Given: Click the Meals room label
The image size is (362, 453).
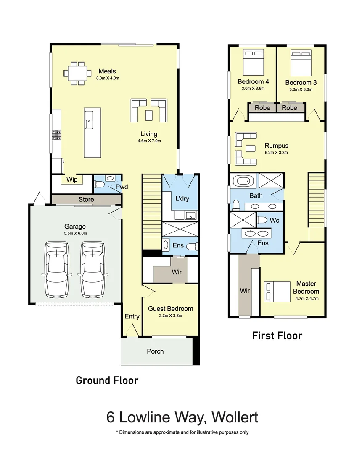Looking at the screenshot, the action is coord(107,71).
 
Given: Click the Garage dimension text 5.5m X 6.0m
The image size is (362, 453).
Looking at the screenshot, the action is coord(75,234).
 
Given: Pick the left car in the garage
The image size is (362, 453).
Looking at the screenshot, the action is coord(57,269).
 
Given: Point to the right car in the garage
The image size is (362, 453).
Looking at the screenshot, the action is coord(92,269).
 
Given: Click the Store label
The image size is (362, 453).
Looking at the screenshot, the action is coord(86,199).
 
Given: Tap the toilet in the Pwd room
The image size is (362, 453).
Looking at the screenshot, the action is coord(99,184).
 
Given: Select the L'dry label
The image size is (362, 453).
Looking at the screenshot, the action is coord(182,198).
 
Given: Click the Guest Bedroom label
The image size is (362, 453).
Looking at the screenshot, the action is coord(171,309).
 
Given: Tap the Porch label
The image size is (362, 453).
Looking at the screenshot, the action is coord(155,351).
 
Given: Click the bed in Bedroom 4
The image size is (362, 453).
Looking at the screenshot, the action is coord(254,62).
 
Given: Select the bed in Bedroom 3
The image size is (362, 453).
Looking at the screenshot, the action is coord(301,63).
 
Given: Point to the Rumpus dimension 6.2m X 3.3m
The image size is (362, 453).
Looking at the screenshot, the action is coord(276,153).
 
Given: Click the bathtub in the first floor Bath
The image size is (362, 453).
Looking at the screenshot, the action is coord(243,182).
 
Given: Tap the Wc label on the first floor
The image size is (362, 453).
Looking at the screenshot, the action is coord(275,221).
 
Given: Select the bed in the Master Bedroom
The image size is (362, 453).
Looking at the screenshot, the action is coord(277,292).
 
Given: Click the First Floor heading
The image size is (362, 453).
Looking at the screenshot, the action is coord(277,336).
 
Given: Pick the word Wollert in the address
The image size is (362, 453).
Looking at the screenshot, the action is coord(235,417).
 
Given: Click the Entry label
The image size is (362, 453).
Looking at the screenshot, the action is coord(132,316).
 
